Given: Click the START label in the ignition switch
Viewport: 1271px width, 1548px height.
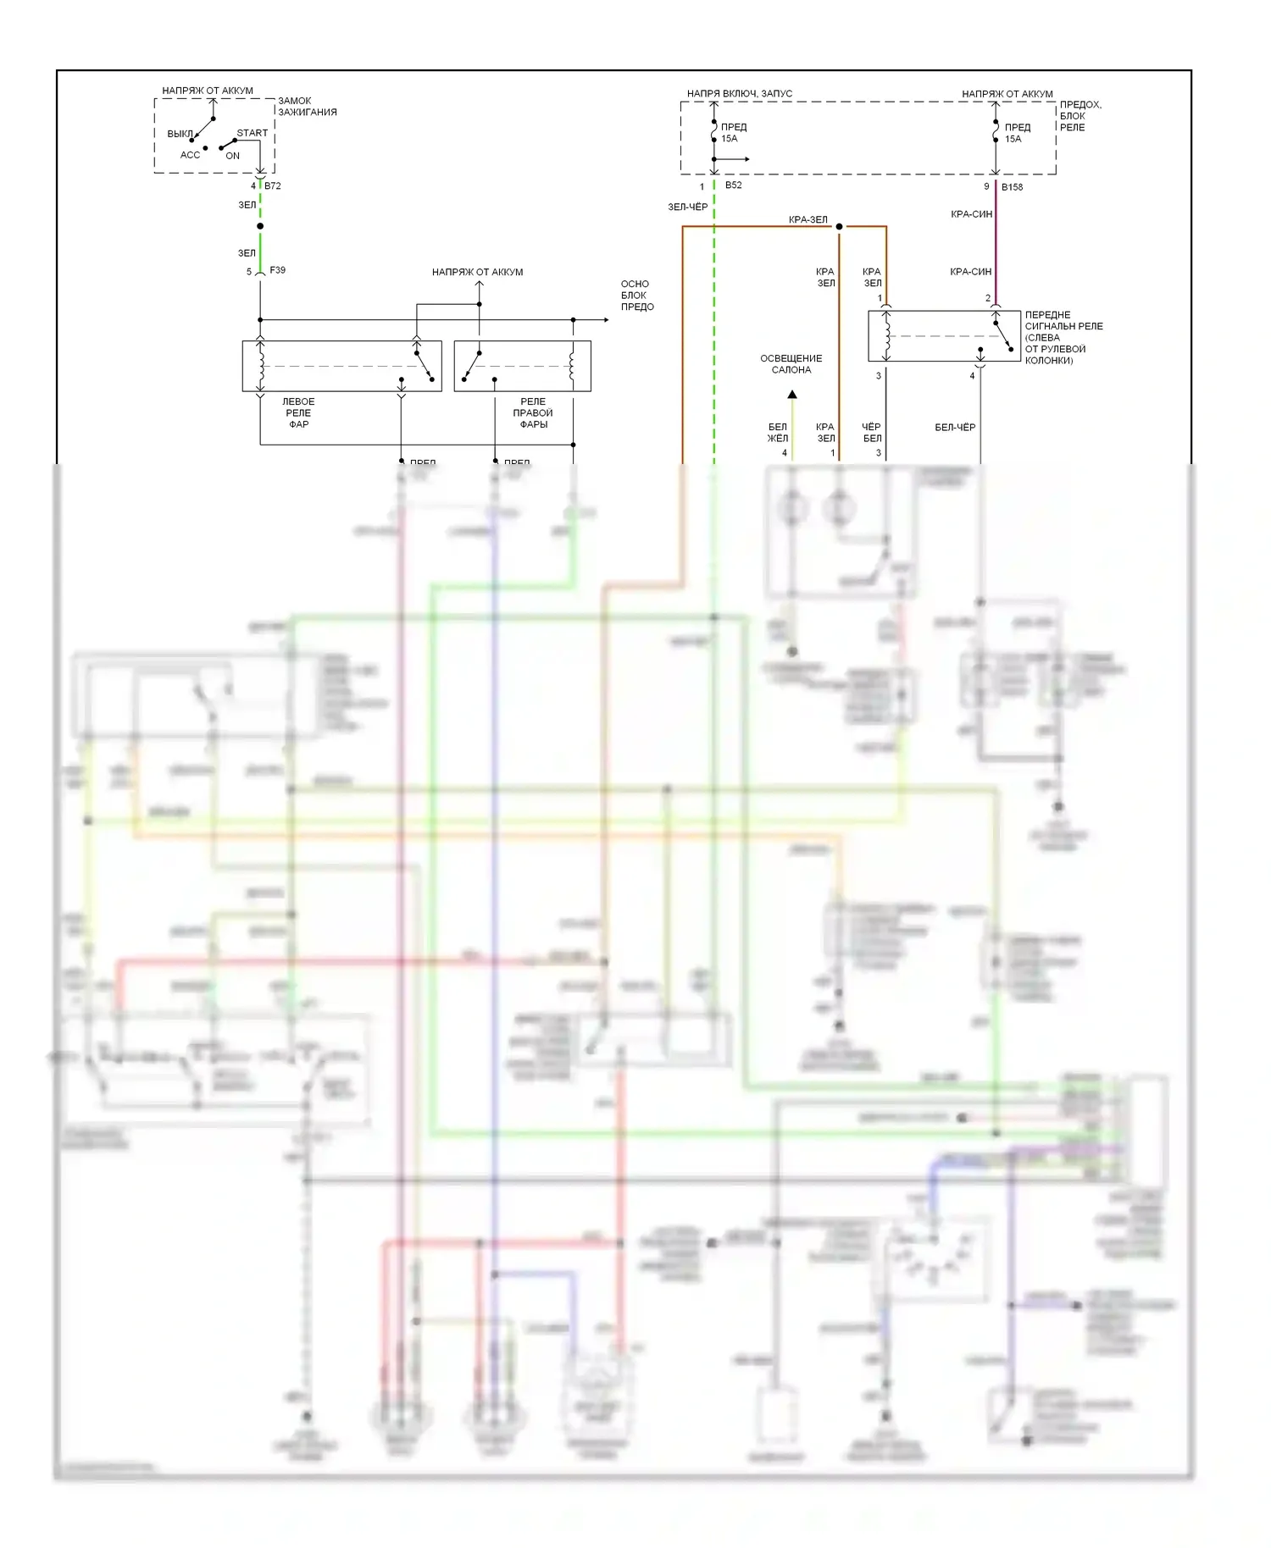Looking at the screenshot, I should point(252,133).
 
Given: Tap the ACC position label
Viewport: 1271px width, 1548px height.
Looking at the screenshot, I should point(190,155).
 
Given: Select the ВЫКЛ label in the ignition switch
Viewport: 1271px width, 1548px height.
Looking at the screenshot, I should point(179,134).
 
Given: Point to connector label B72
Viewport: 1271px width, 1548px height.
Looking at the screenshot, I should point(273,185).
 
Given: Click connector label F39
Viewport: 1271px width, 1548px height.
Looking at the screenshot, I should point(277,270).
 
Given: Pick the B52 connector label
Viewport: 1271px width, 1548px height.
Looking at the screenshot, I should point(733,185).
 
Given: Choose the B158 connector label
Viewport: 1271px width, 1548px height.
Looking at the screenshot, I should point(1012,187).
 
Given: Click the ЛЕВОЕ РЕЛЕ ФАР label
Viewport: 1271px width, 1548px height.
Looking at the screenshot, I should point(298,412).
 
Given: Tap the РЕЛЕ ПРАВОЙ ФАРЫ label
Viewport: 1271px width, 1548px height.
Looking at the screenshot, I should point(533,412).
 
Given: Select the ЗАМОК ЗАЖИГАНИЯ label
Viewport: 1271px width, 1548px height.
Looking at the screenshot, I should point(307,106).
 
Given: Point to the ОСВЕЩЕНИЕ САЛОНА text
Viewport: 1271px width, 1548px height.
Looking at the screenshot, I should point(791,364).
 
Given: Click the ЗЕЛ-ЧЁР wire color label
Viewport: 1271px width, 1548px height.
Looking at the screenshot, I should point(687,207).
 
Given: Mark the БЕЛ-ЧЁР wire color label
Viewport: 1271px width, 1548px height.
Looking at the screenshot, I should point(955,428).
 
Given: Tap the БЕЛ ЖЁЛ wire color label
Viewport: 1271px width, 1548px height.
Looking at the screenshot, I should point(777,433).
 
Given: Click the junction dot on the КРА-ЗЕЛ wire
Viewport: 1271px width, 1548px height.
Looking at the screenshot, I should point(839,227).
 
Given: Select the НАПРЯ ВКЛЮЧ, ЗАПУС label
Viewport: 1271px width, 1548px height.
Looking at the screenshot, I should point(739,93).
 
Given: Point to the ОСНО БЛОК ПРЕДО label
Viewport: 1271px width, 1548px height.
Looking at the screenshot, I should point(636,296).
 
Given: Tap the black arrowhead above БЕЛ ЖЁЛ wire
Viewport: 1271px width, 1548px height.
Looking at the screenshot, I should point(792,395).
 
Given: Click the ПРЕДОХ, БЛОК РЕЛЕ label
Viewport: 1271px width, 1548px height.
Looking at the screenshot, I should point(1080,116).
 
